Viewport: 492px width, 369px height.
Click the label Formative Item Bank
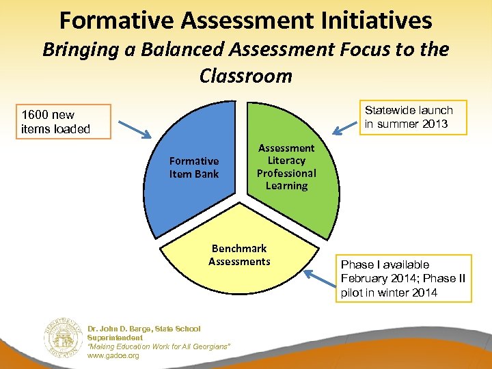[x=194, y=167]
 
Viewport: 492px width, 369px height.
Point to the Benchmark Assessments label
[x=239, y=255]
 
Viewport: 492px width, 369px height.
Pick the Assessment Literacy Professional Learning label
[x=286, y=167]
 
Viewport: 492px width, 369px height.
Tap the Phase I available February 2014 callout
[x=403, y=278]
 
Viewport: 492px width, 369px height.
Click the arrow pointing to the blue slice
[x=139, y=128]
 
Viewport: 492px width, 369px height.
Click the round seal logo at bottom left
[x=62, y=337]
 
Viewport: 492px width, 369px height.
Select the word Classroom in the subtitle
[x=245, y=75]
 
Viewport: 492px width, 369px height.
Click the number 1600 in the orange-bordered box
[x=34, y=115]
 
